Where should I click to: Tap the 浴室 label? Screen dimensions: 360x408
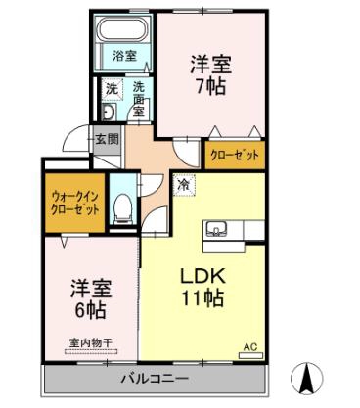[124, 56]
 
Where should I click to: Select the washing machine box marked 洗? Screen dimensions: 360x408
[112, 88]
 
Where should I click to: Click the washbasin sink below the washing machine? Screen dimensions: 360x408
[108, 112]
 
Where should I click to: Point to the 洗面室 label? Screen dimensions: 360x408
[139, 99]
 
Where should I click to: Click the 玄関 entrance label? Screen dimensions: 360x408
[107, 140]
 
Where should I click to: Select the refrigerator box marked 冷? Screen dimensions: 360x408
[185, 185]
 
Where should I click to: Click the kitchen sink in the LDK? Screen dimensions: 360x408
[215, 229]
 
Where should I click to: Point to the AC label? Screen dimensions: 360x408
[250, 347]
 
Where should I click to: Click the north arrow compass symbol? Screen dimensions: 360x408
[307, 379]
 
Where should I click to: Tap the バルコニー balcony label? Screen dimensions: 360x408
[155, 379]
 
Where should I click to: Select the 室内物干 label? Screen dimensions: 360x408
[91, 342]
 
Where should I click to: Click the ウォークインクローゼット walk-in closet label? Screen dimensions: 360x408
[75, 204]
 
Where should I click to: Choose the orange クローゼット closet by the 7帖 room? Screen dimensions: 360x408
[235, 156]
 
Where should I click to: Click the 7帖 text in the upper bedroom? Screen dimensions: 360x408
[210, 87]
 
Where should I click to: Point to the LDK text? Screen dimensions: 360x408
[202, 276]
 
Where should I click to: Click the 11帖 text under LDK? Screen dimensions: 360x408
[202, 298]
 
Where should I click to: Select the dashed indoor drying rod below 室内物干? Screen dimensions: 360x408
[91, 352]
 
